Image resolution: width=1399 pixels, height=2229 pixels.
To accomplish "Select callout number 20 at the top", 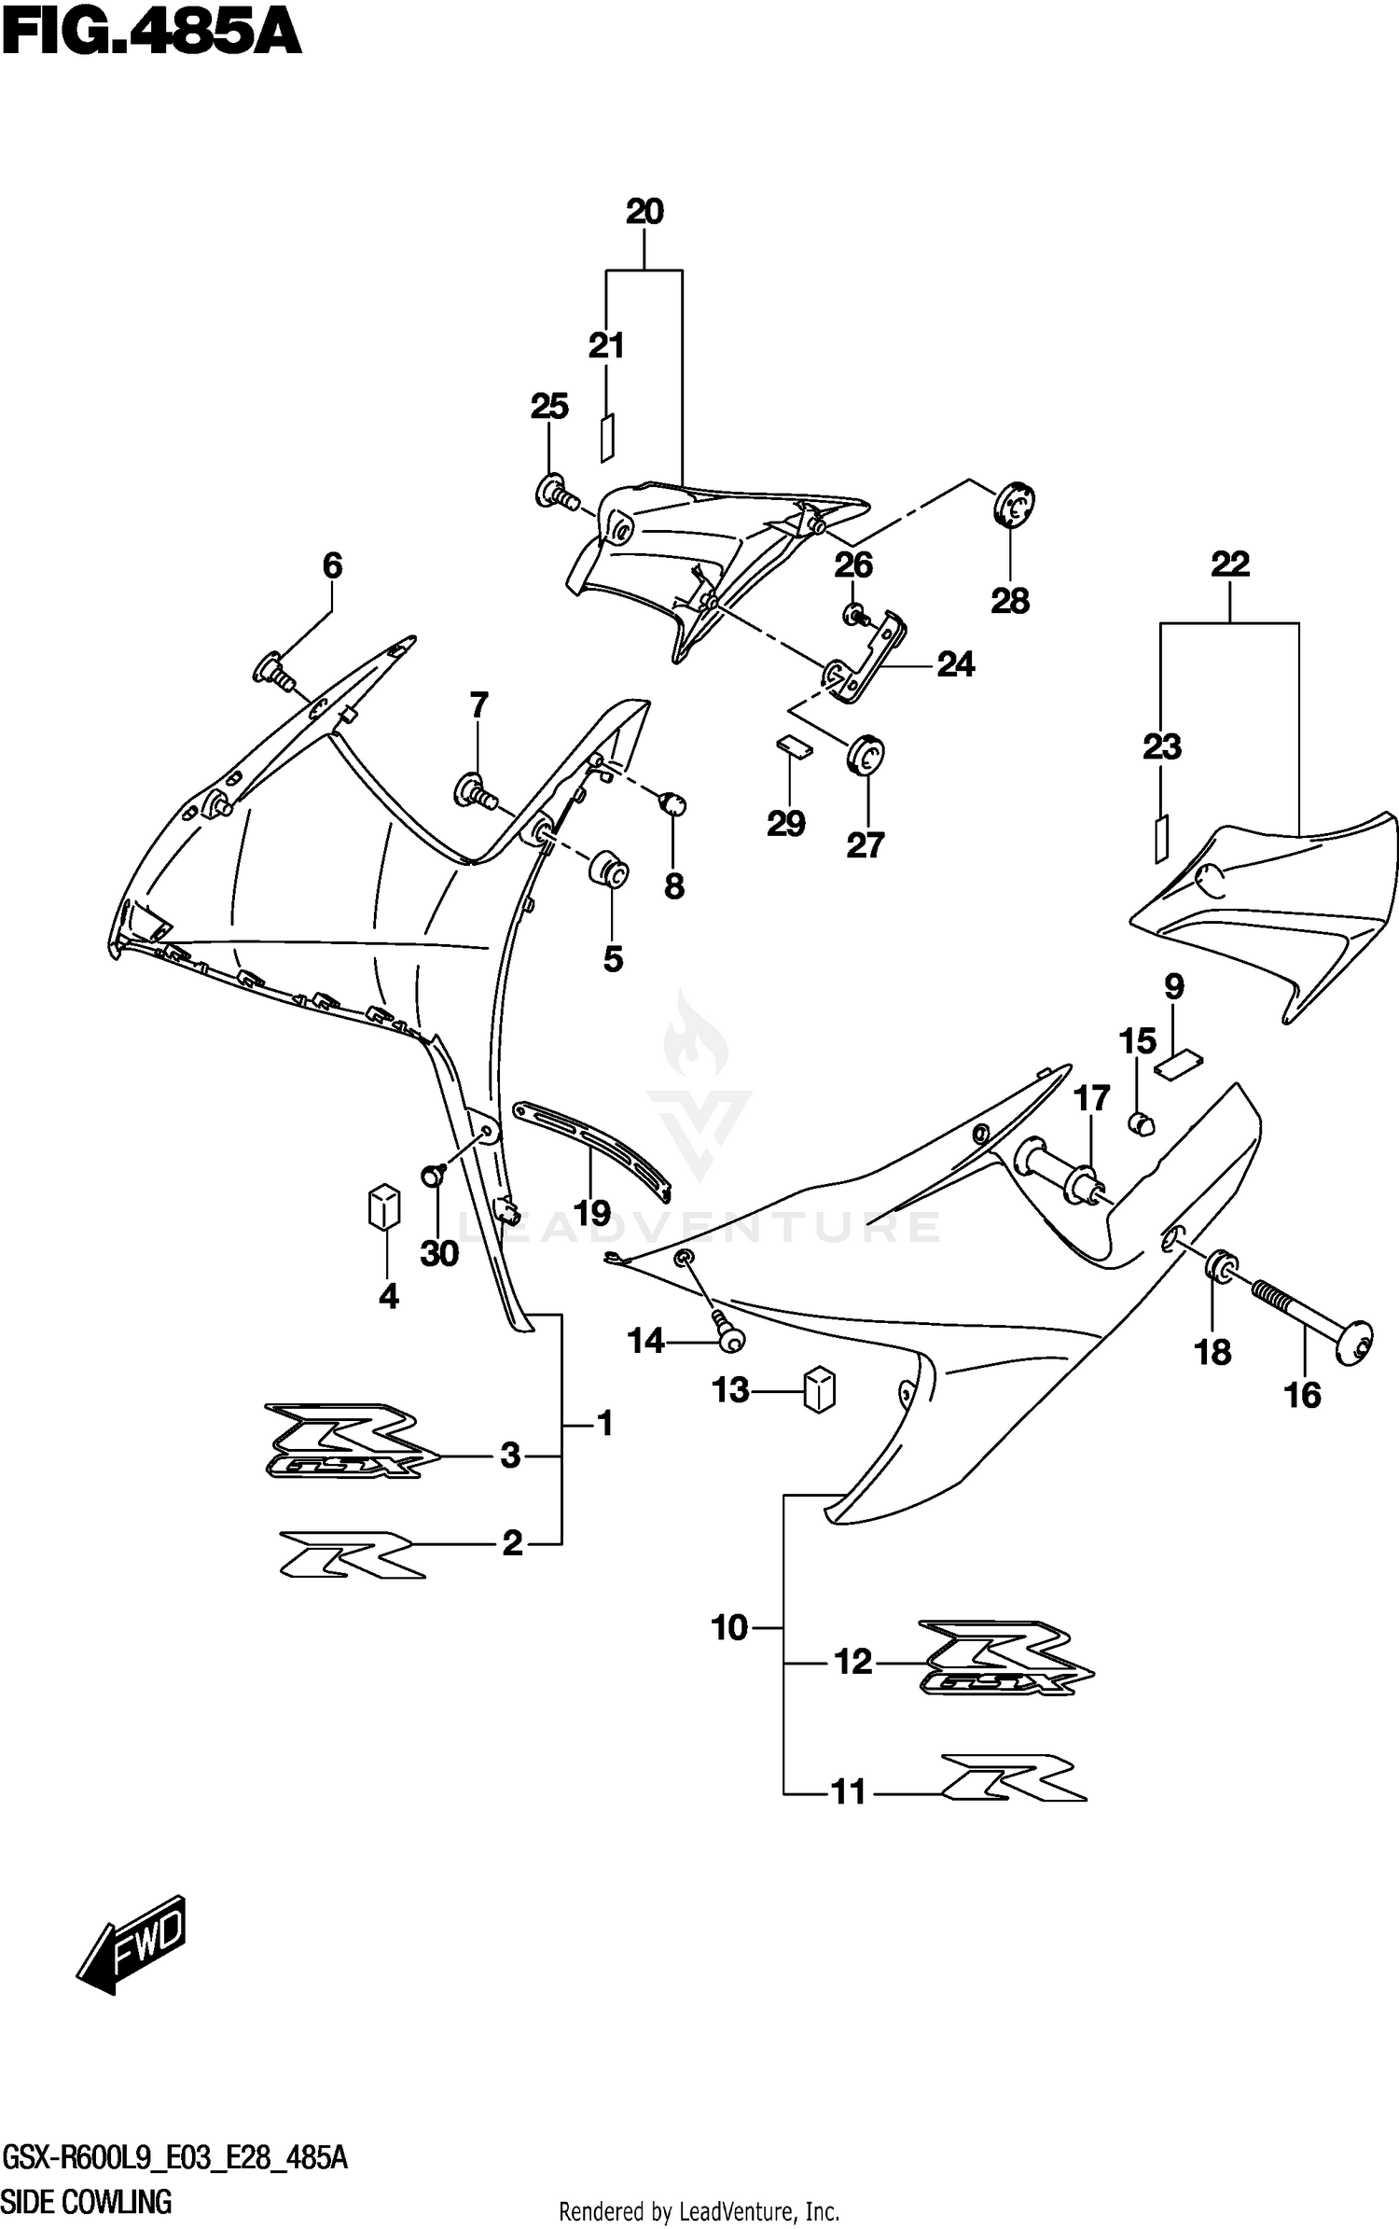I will (644, 212).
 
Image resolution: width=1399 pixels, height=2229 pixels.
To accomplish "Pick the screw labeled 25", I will (553, 491).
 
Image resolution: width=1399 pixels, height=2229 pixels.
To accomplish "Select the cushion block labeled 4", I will (384, 1207).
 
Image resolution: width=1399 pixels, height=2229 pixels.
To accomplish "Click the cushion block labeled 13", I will (819, 1389).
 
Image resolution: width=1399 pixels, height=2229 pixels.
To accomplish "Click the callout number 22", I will (1229, 564).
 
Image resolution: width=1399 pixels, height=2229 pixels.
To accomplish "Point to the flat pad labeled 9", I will (1179, 1064).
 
